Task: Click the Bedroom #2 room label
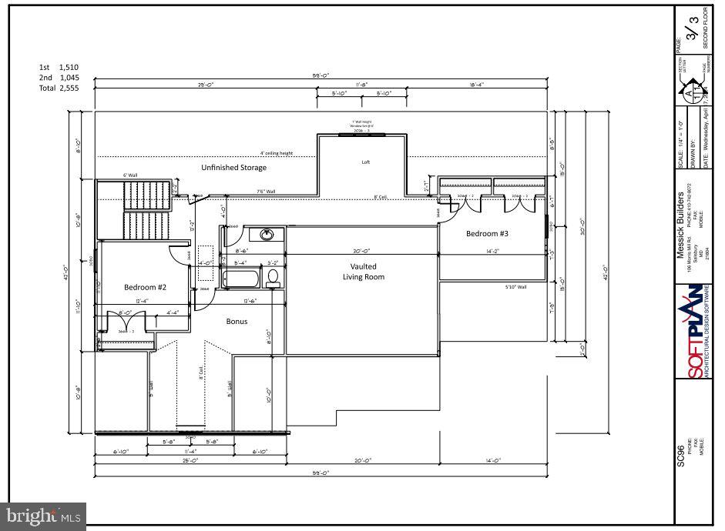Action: point(145,286)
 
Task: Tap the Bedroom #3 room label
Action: point(487,234)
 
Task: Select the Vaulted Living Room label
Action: point(363,271)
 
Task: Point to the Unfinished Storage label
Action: point(234,167)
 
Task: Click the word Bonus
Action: point(237,321)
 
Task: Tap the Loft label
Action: point(366,162)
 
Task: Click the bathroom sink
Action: point(267,234)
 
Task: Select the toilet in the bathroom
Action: point(272,278)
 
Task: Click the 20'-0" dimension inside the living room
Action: point(362,251)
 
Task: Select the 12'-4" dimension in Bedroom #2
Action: point(141,301)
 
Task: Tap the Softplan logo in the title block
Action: point(695,331)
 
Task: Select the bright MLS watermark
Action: point(43,516)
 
